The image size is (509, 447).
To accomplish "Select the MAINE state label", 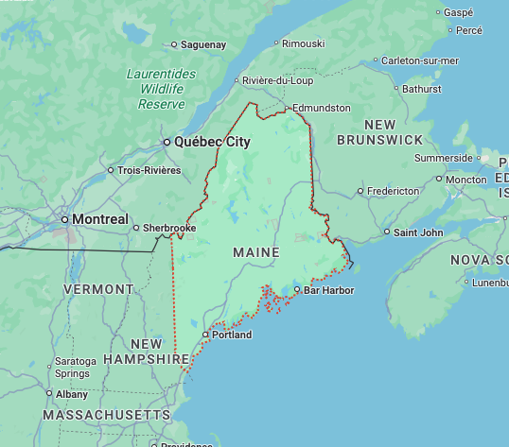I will (256, 253).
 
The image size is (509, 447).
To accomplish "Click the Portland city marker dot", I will (205, 335).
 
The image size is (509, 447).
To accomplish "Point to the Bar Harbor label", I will (328, 290).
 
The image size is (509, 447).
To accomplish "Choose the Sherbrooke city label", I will (169, 228).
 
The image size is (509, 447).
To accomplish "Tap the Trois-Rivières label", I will (149, 170).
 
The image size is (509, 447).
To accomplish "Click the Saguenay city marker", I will (174, 44).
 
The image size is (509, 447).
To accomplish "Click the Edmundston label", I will (322, 108).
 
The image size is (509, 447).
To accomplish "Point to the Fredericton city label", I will (393, 190).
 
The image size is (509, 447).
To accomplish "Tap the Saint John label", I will (417, 232).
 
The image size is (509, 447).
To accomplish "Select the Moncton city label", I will (465, 180).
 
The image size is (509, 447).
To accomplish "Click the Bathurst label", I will (421, 89).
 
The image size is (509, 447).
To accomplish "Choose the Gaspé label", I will (458, 12).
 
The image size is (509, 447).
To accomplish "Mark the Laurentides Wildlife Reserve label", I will (161, 89).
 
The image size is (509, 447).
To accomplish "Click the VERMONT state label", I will (98, 288).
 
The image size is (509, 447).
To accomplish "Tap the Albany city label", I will (72, 394).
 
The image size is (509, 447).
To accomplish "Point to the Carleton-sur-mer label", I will (420, 60).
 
